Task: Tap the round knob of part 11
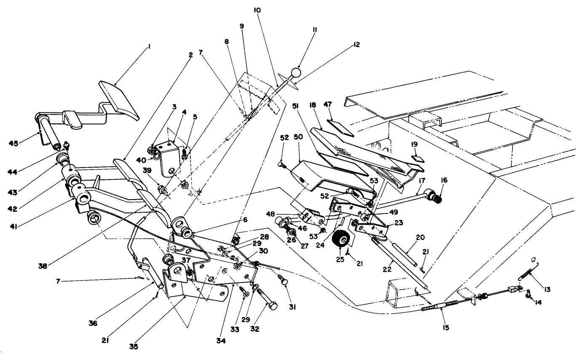point(296,73)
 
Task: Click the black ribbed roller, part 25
point(342,241)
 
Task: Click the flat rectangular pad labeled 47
point(341,127)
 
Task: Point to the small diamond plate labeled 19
point(416,159)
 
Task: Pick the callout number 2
point(190,55)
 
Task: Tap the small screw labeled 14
point(528,297)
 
